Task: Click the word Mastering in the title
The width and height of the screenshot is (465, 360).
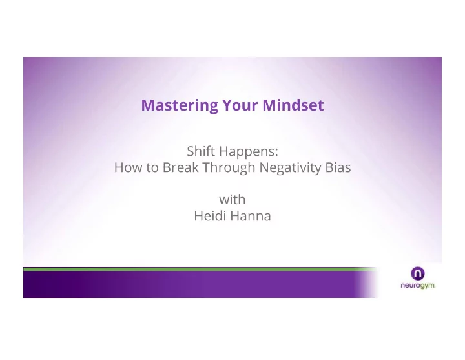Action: (x=180, y=105)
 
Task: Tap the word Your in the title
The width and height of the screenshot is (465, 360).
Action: (x=240, y=105)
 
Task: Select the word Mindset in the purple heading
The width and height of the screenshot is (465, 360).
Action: (x=293, y=105)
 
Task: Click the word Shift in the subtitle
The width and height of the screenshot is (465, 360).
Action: (x=201, y=151)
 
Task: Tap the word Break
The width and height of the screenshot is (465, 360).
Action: (x=181, y=167)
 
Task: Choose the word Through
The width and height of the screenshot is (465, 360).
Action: (x=229, y=168)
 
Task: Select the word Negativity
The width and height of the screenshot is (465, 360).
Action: (x=290, y=168)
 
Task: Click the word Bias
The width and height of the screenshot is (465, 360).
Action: (x=338, y=167)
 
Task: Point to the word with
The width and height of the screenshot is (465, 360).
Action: (x=232, y=200)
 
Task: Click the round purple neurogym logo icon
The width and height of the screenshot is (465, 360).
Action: (x=418, y=273)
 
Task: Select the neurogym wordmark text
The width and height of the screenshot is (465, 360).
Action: (x=418, y=286)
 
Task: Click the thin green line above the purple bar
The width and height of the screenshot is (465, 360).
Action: (x=200, y=269)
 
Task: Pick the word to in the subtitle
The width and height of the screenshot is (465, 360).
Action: (x=152, y=168)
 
